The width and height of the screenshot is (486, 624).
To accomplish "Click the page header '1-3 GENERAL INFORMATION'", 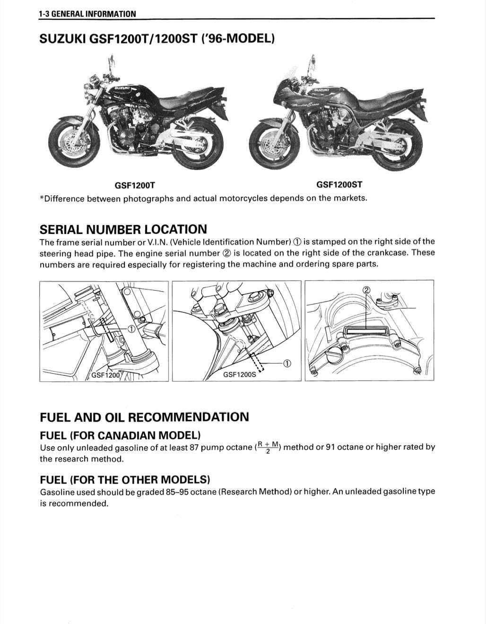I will [x=87, y=14].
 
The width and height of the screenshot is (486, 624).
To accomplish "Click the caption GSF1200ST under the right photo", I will [x=339, y=185].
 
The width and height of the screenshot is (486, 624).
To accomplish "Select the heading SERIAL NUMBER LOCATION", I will [x=123, y=230].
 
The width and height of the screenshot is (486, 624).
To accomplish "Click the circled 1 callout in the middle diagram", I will [x=286, y=364].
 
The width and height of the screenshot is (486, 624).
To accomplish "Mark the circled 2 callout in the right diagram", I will [x=366, y=290].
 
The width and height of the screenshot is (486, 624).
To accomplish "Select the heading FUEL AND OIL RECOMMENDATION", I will [x=144, y=417].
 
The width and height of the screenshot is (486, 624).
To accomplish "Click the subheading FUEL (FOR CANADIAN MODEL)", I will [x=120, y=435].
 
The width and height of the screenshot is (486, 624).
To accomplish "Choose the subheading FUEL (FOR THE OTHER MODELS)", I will [x=125, y=480].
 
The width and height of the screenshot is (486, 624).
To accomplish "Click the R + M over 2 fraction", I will [x=268, y=447].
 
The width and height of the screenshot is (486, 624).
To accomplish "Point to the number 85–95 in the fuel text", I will [x=177, y=492].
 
